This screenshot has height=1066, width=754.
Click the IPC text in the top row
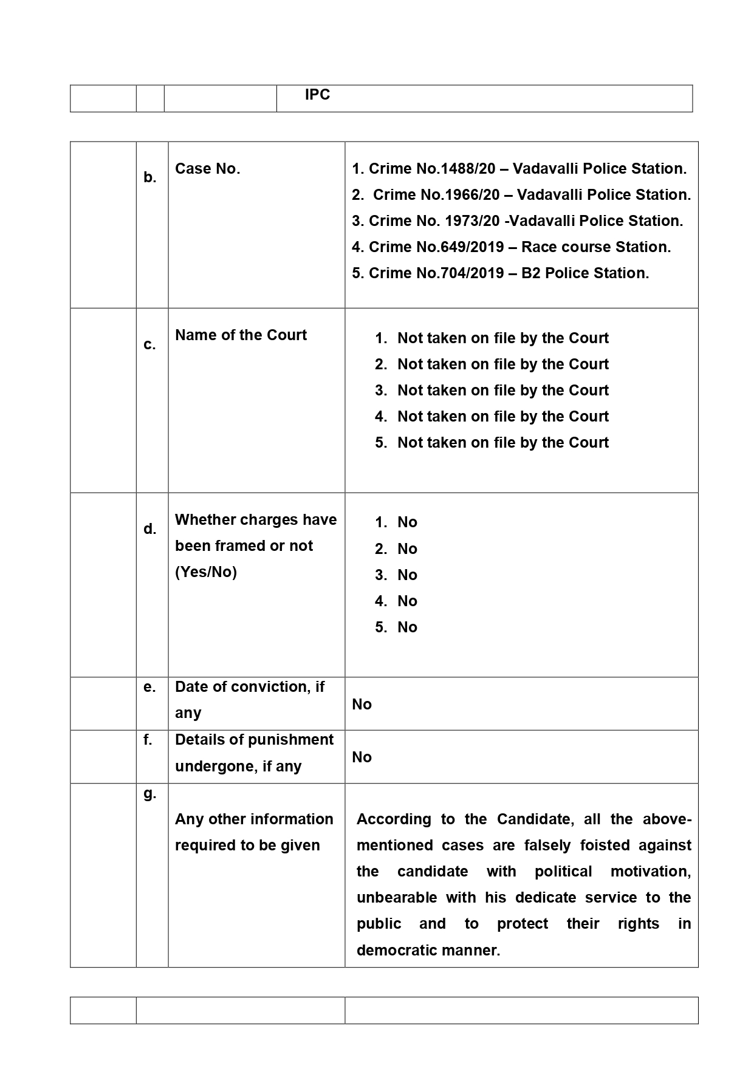[x=317, y=95]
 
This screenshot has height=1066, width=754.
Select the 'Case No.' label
[x=207, y=169]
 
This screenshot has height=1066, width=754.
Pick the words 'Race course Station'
[x=595, y=247]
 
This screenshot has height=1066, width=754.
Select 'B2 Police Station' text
[x=584, y=273]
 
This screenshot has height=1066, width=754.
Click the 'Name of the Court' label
[x=241, y=335]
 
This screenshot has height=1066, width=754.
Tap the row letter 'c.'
[x=149, y=345]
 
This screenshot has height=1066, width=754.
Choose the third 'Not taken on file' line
[x=502, y=391]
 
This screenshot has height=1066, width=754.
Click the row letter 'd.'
[x=149, y=529]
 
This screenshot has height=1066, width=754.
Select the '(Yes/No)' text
[x=206, y=572]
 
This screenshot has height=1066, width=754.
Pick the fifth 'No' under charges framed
[x=407, y=627]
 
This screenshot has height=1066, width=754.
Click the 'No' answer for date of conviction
[x=362, y=705]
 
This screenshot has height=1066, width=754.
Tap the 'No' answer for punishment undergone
[x=362, y=757]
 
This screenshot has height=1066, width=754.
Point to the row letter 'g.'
[x=149, y=793]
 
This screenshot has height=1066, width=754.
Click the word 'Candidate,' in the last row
[x=535, y=819]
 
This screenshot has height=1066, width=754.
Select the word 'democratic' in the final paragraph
[x=395, y=951]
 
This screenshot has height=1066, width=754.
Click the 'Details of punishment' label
[x=254, y=740]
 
